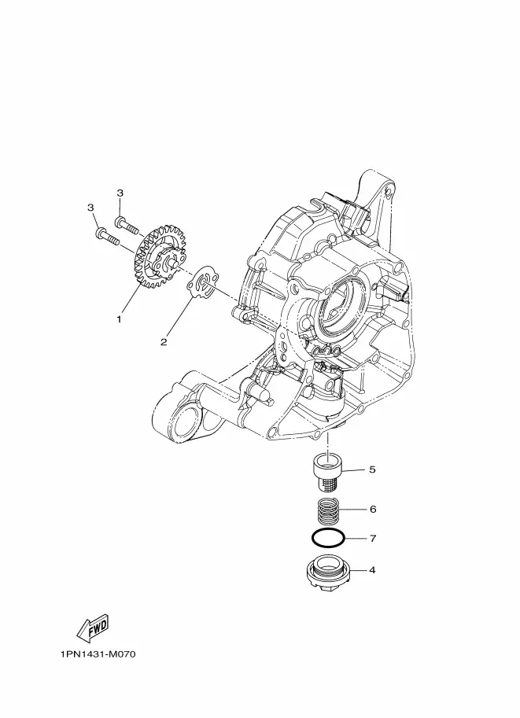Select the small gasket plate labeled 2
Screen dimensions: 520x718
202,285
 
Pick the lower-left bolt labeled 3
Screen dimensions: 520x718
108,236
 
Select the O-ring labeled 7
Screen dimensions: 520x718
329,538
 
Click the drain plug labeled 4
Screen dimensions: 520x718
328,571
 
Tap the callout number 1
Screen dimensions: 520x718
119,319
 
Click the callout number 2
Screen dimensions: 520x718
164,341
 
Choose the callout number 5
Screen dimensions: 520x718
372,469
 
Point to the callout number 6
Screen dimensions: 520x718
372,509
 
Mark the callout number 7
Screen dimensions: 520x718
372,538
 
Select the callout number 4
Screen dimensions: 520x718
372,570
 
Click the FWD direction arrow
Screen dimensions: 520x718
93,627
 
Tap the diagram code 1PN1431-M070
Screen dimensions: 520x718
98,654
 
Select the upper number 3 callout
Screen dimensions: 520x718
120,193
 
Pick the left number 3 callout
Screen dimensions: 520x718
90,208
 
